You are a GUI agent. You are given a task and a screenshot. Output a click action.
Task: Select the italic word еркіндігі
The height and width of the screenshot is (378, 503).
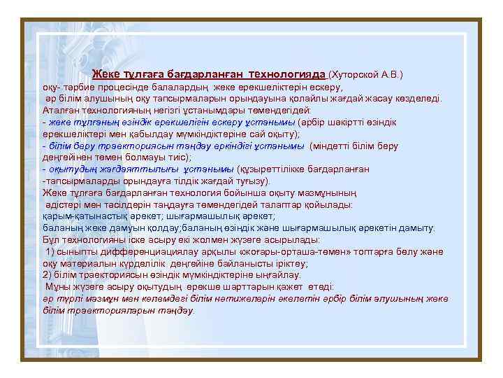pyautogui.click(x=228, y=147)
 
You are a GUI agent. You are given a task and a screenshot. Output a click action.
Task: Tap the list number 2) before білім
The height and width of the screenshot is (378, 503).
pyautogui.click(x=47, y=274)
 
